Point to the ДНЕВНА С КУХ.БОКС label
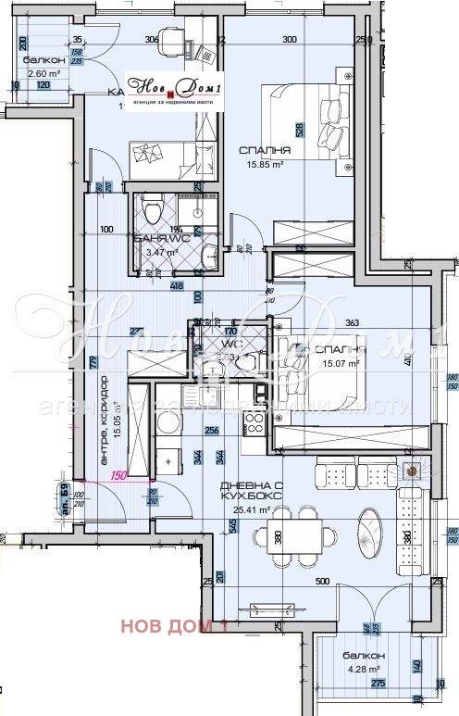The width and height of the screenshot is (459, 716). (245, 492)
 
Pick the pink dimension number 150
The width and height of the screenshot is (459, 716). (118, 476)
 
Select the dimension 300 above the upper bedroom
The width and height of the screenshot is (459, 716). (289, 40)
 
